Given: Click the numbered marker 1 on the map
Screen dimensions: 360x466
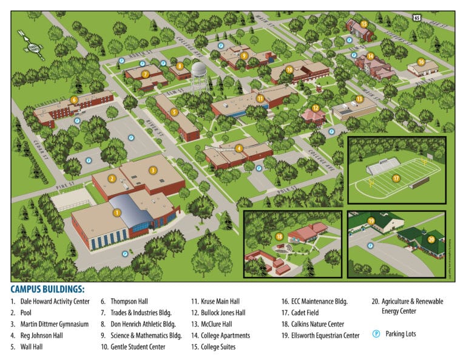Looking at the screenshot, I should (x=117, y=213).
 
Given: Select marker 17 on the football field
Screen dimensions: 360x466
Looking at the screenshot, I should (x=396, y=178).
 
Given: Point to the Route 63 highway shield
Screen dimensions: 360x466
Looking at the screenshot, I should (x=416, y=18).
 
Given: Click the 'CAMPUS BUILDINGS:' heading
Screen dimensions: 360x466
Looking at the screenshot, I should (x=47, y=290).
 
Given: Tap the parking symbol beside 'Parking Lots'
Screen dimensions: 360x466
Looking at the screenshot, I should (x=376, y=334).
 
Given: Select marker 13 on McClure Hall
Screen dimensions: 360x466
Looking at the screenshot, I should (x=359, y=98).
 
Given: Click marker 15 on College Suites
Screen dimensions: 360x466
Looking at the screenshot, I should (x=364, y=24).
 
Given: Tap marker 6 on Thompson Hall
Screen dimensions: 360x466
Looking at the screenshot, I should (x=74, y=100).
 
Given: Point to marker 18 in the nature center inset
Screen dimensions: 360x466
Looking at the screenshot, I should (x=280, y=236).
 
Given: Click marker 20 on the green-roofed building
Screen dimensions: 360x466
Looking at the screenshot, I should (x=431, y=239).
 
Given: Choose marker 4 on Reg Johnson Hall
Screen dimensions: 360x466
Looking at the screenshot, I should (x=239, y=148).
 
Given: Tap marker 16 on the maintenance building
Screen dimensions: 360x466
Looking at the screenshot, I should (x=420, y=62).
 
